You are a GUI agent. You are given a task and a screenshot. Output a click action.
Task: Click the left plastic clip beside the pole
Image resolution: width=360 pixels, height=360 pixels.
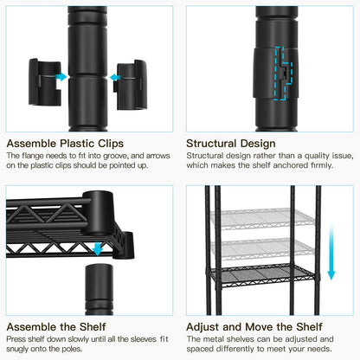click(45, 82)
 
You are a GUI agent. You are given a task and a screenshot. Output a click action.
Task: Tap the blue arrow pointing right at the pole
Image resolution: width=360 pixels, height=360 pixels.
click(61, 77)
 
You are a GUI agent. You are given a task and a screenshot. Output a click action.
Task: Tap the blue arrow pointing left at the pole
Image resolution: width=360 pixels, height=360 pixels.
click(115, 77)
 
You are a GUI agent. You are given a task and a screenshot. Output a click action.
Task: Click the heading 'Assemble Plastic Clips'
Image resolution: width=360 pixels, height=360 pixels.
click(65, 144)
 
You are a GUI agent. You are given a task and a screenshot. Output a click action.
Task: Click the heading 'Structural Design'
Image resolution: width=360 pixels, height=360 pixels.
click(231, 144)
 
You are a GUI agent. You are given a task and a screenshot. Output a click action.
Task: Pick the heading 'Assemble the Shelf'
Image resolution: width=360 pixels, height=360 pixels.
click(56, 327)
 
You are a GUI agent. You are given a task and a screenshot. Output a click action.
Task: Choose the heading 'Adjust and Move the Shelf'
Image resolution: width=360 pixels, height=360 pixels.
click(254, 327)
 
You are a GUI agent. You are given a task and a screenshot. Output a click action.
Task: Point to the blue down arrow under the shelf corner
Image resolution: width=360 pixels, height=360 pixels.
click(98, 249)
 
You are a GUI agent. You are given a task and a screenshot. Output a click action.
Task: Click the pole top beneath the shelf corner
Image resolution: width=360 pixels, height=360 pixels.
click(99, 289)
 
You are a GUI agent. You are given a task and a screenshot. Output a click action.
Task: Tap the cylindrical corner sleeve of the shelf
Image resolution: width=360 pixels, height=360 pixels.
click(99, 212)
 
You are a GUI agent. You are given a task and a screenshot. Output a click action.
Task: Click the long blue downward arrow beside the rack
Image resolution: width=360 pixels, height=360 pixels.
click(331, 252)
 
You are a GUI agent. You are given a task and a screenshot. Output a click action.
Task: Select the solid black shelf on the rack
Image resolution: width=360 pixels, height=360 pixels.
click(262, 276)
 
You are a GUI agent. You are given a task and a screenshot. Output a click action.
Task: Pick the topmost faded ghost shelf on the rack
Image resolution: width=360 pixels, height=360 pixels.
click(262, 219)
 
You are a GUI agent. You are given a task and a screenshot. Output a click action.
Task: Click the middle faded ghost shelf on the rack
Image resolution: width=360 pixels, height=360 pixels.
click(262, 248)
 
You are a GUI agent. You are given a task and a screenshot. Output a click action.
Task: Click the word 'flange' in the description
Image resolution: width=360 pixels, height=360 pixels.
click(33, 156)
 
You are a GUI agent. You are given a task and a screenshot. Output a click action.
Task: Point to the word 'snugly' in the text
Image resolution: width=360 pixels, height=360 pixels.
click(17, 349)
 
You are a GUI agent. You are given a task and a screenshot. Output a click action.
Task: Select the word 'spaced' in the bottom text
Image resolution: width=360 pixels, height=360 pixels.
click(199, 349)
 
